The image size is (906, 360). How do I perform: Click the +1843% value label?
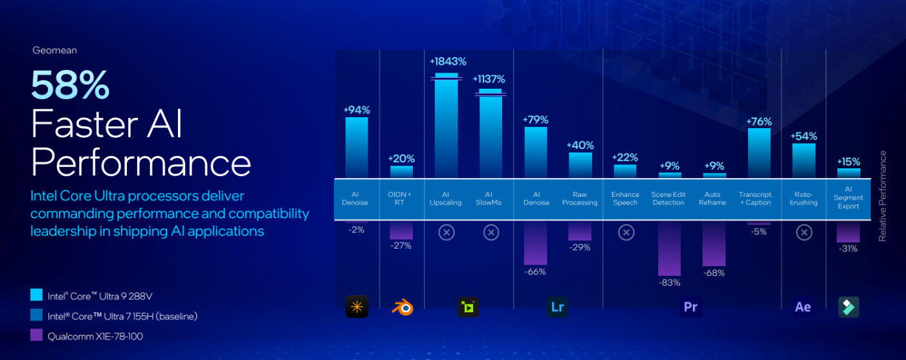pos(448,62)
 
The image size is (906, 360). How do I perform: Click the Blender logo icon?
pos(402,307)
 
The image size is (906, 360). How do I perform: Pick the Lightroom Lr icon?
pos(557,307)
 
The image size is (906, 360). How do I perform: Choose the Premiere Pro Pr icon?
pos(691,307)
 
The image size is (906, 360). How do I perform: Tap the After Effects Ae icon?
pos(802,307)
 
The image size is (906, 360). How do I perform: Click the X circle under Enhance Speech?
pos(626,232)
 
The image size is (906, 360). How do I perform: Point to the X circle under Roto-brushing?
pos(804,232)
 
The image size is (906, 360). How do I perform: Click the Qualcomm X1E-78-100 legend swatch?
pos(36,336)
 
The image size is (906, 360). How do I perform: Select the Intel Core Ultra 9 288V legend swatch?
pos(36,296)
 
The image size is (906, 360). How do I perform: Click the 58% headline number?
pos(70,84)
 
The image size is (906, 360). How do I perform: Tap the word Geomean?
pos(54,50)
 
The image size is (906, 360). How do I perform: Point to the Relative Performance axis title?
pos(882,196)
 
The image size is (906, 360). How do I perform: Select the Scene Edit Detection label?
pos(669,199)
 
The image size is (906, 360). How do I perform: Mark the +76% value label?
pos(759,121)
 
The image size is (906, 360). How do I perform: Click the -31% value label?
pos(848,249)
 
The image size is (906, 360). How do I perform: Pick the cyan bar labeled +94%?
pos(357,148)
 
